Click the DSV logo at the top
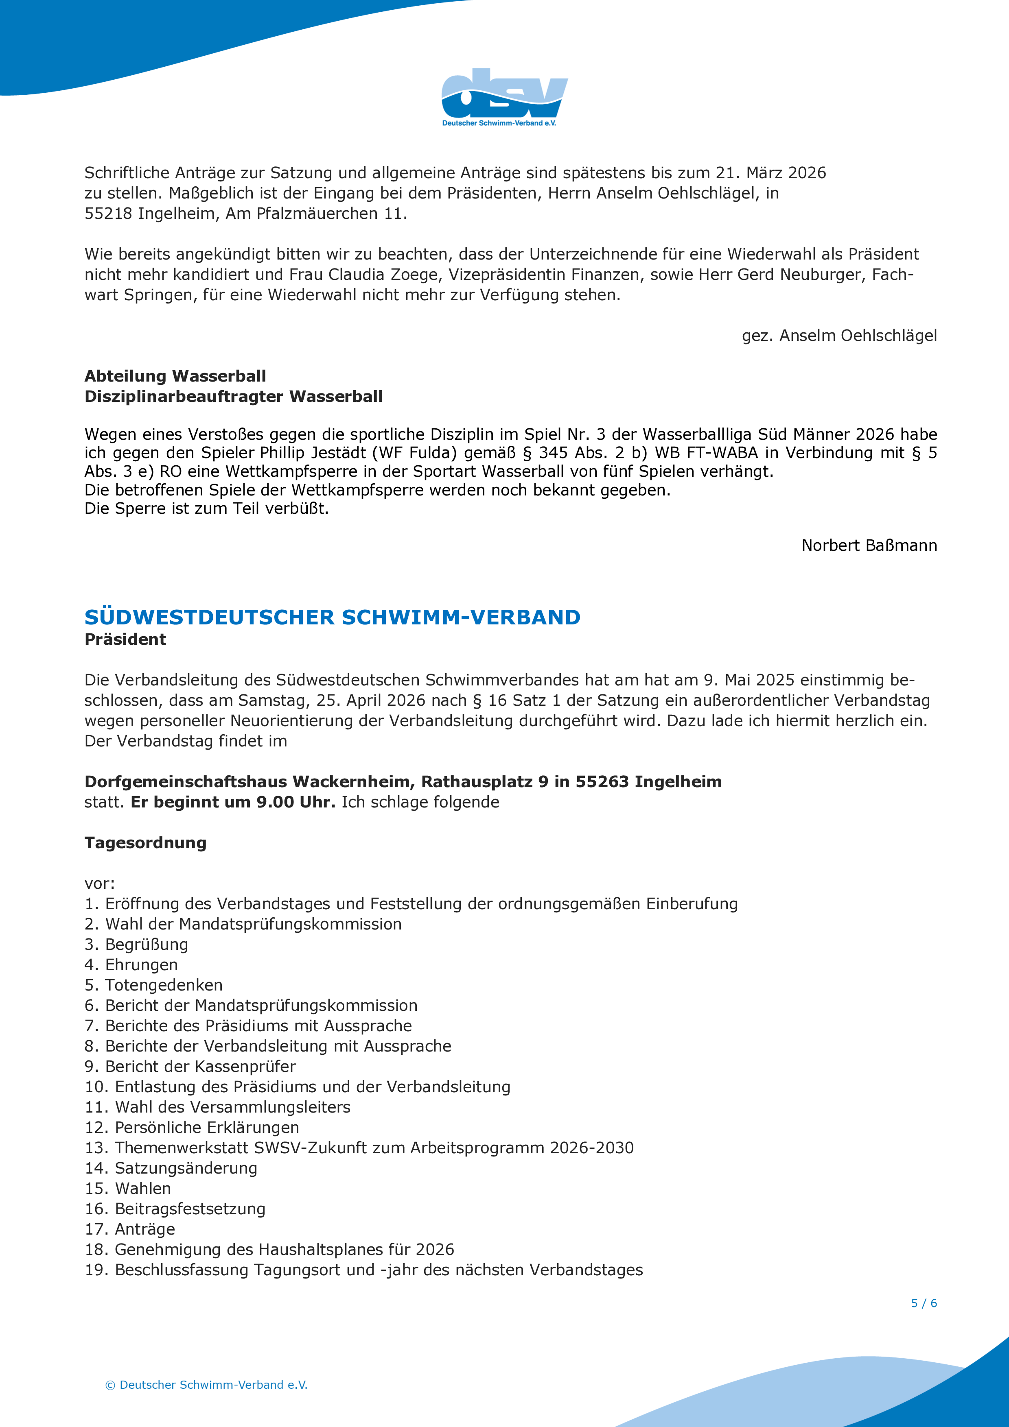pos(504,97)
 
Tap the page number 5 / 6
pos(924,1303)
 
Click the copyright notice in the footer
pos(206,1385)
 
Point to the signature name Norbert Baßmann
pos(869,545)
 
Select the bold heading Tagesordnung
pos(145,843)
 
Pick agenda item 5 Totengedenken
pos(153,985)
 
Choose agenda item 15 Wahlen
pos(128,1188)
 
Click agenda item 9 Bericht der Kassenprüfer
pos(190,1067)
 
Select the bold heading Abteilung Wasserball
pos(175,376)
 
